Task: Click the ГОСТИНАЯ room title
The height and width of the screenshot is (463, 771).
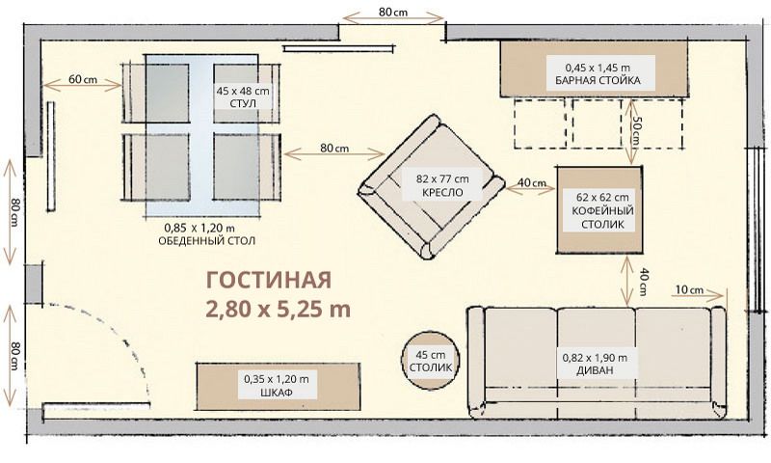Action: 269,280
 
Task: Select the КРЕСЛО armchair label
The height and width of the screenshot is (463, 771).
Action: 442,192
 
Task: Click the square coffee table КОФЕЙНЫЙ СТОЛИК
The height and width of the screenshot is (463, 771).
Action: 598,210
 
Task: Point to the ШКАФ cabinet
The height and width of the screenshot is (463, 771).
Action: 279,386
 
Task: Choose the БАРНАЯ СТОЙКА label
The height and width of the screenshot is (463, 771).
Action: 598,80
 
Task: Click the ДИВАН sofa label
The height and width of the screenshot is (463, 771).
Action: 595,370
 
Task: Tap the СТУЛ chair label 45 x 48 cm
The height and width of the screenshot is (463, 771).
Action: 243,104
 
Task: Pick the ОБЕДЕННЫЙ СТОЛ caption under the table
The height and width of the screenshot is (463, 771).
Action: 206,240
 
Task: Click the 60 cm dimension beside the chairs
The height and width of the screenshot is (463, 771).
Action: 83,79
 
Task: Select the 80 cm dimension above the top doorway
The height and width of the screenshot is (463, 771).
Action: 393,12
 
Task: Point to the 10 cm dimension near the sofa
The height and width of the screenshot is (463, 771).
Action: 689,289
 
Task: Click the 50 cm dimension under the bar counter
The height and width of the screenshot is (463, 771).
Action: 636,131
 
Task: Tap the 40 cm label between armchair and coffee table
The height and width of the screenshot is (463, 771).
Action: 532,182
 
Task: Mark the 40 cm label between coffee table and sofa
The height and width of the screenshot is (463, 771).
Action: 643,282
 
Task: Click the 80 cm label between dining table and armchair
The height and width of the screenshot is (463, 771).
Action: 334,148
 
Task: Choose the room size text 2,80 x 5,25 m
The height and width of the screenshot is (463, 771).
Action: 278,310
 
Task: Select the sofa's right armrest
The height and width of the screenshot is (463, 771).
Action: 718,362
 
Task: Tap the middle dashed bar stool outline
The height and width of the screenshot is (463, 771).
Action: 597,123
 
